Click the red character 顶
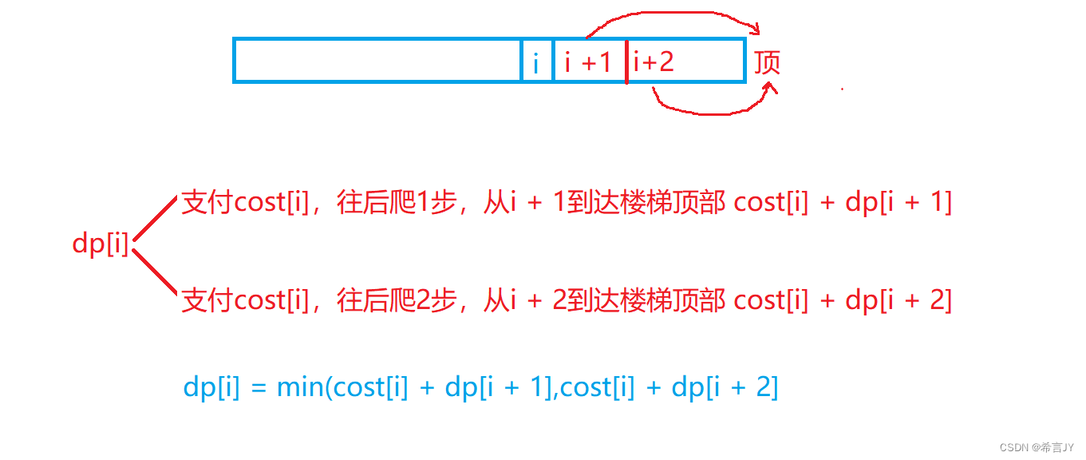coord(767,62)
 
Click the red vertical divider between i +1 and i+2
coord(626,61)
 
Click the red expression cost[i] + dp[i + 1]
coord(843,203)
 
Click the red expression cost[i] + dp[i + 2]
coord(843,300)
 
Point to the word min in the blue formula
coord(301,387)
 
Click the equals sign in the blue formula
coord(257,388)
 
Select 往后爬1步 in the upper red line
coord(401,203)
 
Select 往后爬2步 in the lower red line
coord(401,300)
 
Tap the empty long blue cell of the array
coord(377,61)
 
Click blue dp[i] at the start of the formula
coord(211,387)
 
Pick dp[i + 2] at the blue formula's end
coord(725,387)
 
